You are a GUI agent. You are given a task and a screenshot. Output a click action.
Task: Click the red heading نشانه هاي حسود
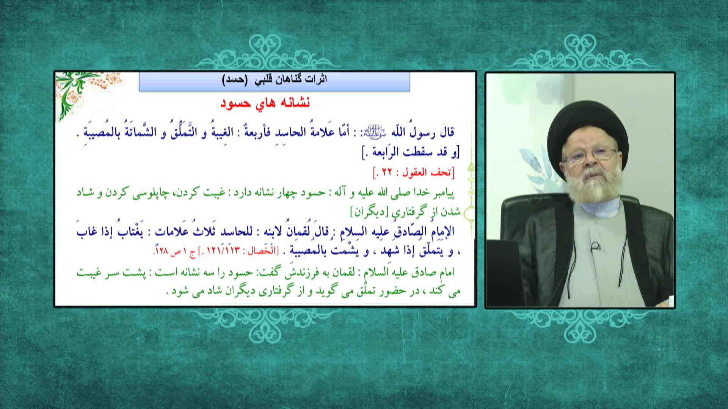click(265, 103)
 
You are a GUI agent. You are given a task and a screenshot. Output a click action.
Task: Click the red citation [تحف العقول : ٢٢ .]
click(413, 173)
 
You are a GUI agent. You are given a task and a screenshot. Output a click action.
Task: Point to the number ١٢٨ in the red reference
click(161, 251)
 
